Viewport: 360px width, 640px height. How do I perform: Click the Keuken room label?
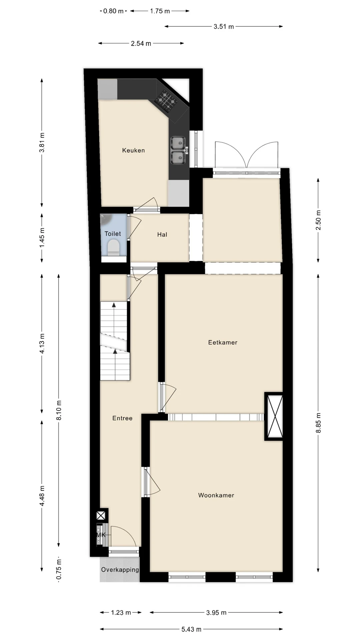(133, 150)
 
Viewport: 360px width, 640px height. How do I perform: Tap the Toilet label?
(113, 234)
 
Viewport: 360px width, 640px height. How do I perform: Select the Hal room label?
(162, 235)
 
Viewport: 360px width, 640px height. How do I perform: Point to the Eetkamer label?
(223, 342)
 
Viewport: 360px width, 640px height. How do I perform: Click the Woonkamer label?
(216, 495)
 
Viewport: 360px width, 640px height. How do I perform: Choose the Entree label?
(122, 418)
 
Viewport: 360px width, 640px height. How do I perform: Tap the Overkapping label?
(120, 570)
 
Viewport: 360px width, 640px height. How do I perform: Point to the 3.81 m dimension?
(42, 143)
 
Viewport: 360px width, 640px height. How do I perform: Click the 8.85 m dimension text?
(318, 423)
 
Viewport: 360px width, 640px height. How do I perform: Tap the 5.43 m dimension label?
(191, 629)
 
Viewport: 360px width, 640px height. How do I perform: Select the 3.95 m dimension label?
(216, 612)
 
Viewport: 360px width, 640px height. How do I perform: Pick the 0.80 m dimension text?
(113, 11)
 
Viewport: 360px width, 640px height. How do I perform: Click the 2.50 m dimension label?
(318, 220)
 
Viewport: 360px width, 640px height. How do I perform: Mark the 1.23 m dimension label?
(121, 612)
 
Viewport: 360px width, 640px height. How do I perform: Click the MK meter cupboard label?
(101, 535)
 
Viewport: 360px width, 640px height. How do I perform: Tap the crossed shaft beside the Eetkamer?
(274, 416)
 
